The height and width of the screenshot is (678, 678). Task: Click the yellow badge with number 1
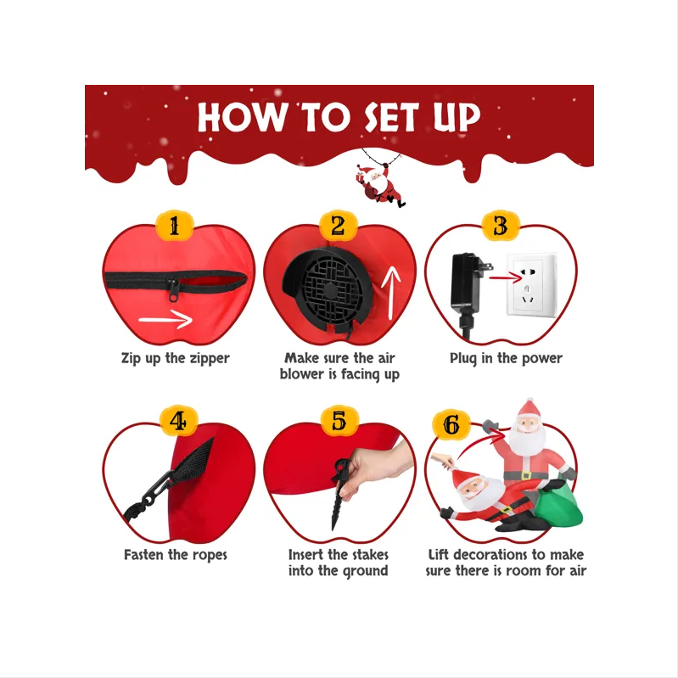pyautogui.click(x=174, y=226)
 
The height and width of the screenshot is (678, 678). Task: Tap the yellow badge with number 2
pyautogui.click(x=338, y=226)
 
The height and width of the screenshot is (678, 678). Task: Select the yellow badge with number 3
pyautogui.click(x=501, y=226)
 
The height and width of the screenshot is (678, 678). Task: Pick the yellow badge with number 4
pyautogui.click(x=178, y=421)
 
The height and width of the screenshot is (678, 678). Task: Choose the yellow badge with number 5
pyautogui.click(x=339, y=421)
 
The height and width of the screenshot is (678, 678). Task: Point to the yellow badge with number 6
pyautogui.click(x=451, y=425)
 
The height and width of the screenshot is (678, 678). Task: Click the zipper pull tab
pyautogui.click(x=173, y=289)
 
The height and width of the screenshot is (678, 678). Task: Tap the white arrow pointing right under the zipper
pyautogui.click(x=165, y=320)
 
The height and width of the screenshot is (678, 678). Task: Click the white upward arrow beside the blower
pyautogui.click(x=392, y=293)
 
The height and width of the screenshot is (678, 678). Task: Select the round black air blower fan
pyautogui.click(x=328, y=287)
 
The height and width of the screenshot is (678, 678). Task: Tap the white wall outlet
pyautogui.click(x=531, y=285)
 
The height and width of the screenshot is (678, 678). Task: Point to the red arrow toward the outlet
pyautogui.click(x=506, y=277)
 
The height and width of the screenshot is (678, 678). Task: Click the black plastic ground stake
pyautogui.click(x=340, y=495)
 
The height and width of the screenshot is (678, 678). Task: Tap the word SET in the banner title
pyautogui.click(x=391, y=117)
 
